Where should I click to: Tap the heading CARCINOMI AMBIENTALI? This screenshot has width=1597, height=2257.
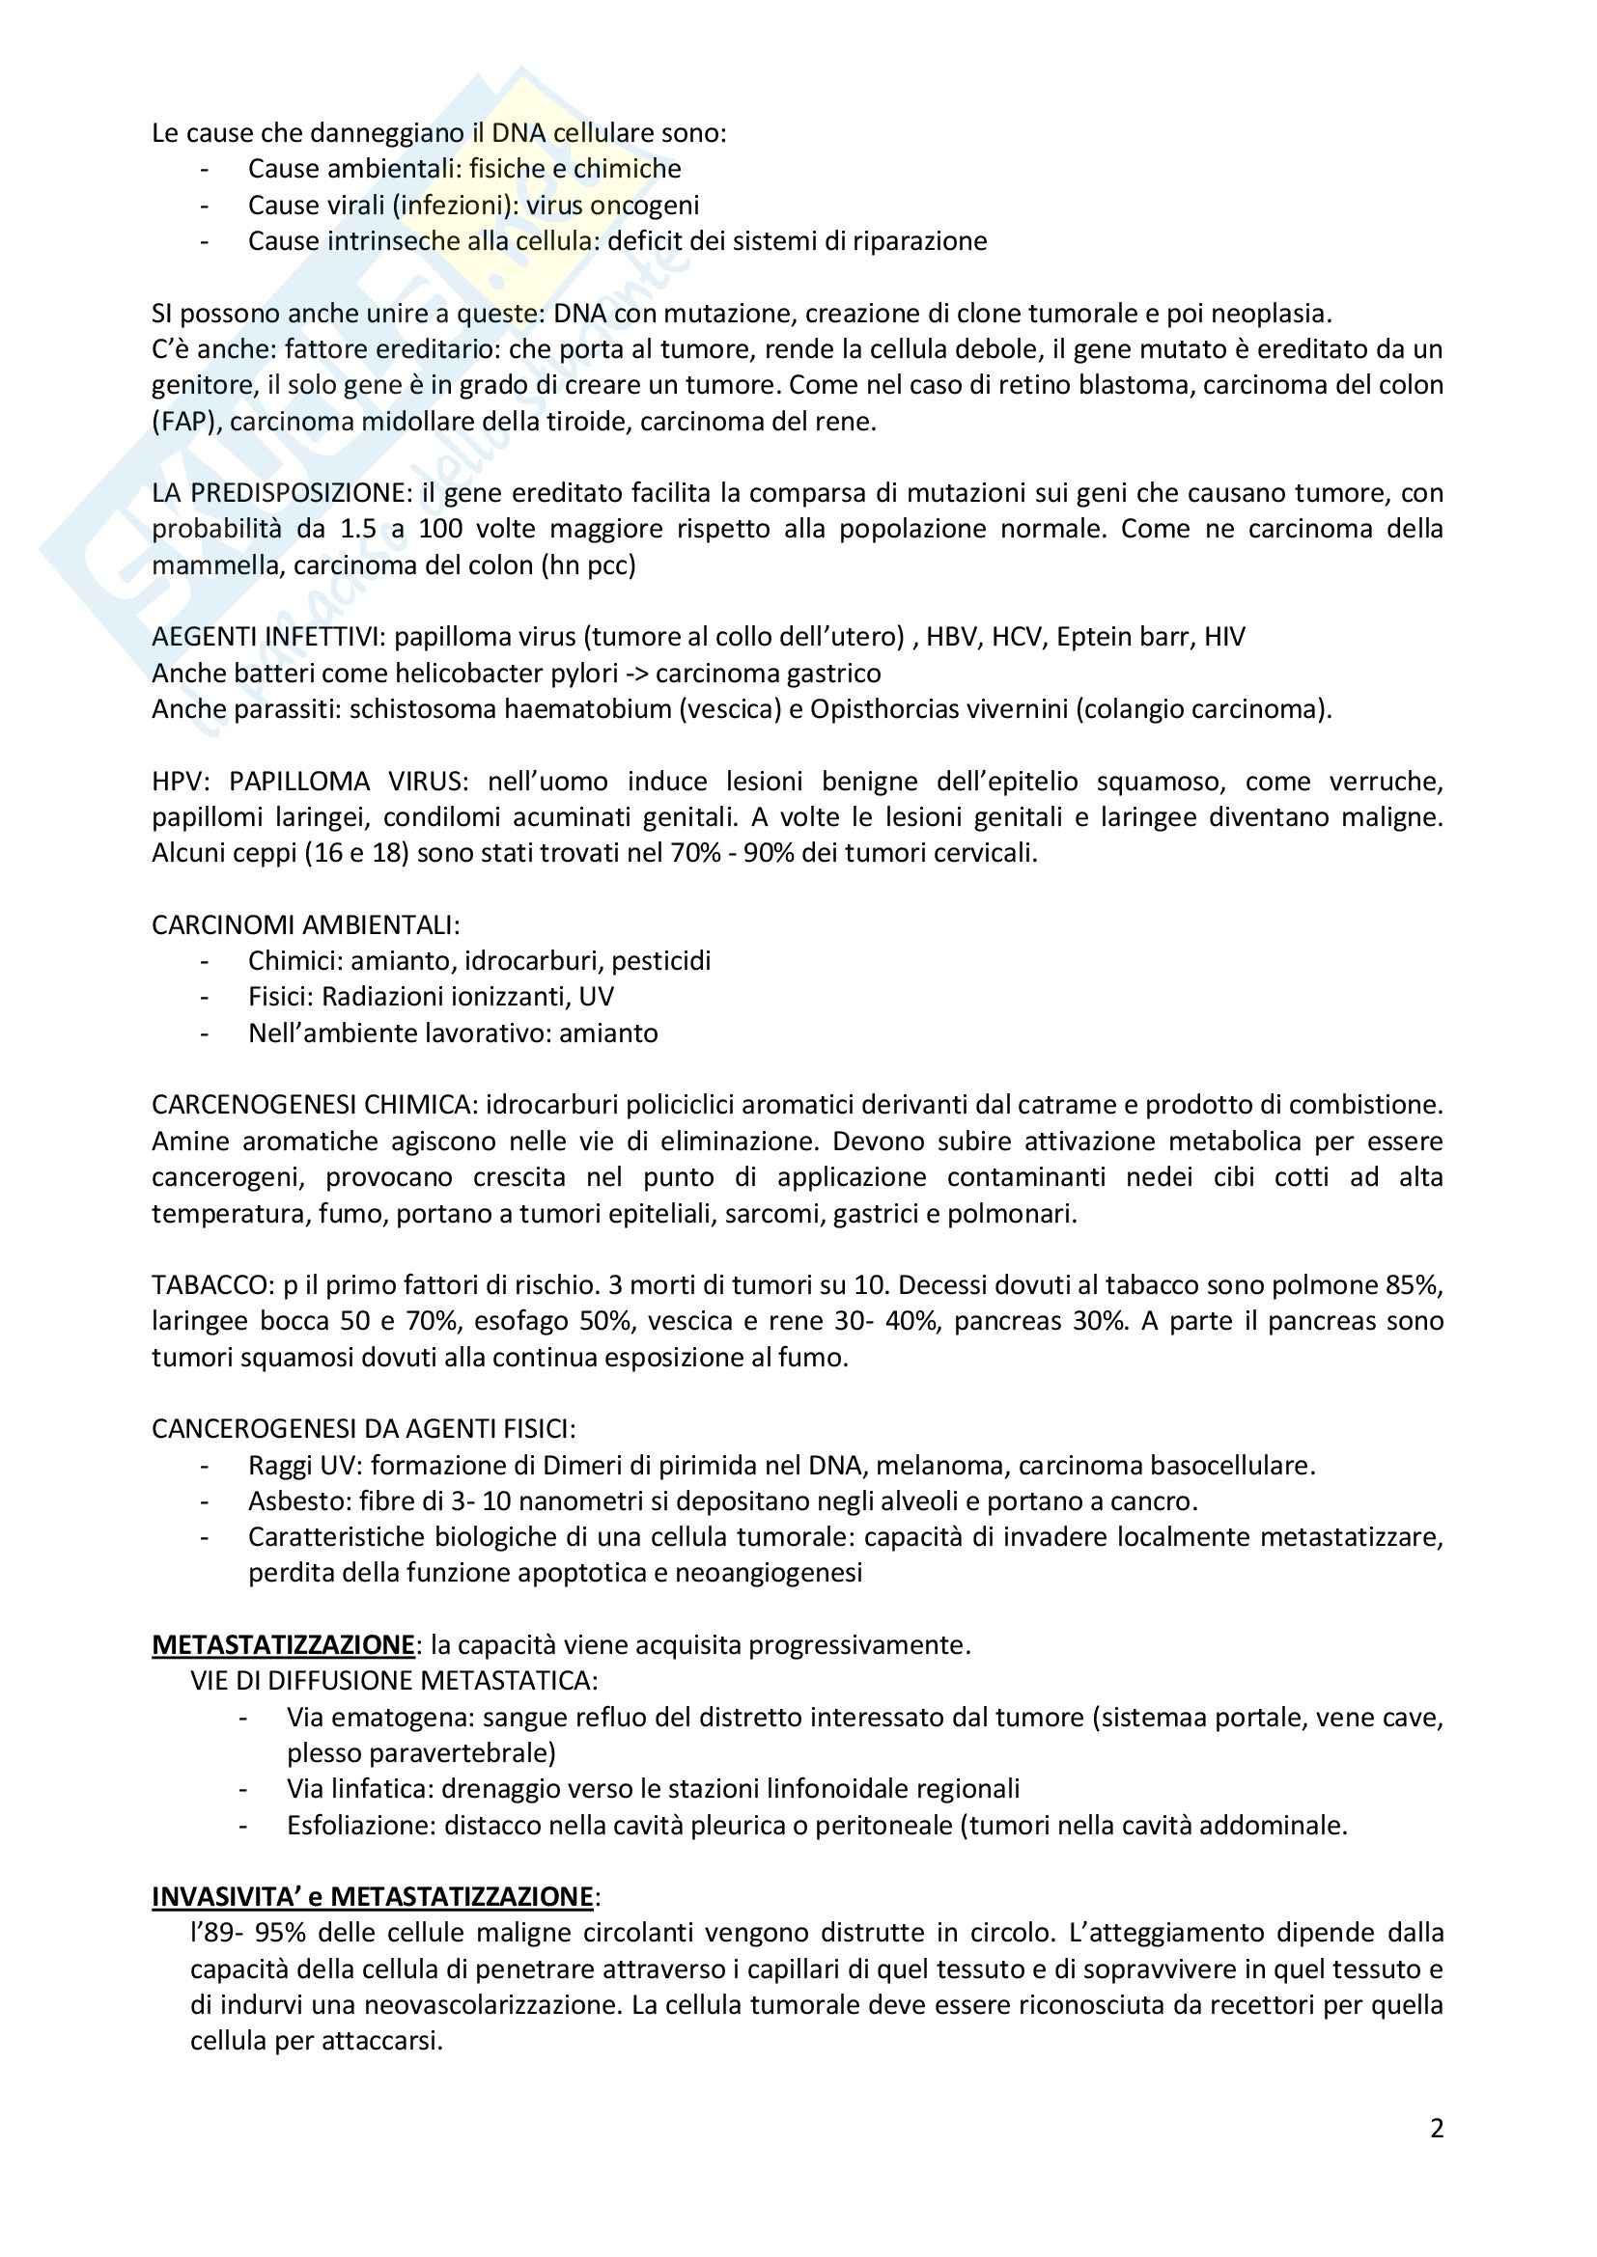(x=306, y=925)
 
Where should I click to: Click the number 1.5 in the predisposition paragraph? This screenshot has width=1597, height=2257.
(x=359, y=529)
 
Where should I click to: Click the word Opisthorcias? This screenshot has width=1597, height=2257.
(x=890, y=709)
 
